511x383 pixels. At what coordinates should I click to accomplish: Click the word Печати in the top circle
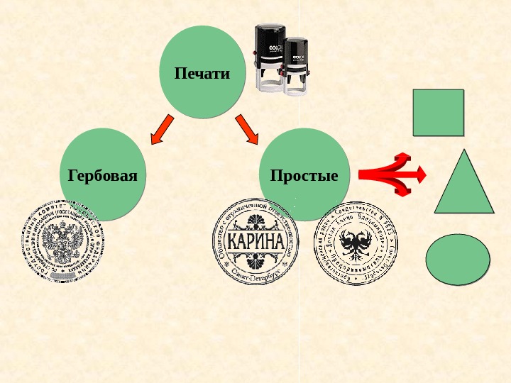pos(202,73)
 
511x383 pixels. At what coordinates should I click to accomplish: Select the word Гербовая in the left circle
pos(102,175)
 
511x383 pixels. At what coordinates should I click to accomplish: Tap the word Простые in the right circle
pos(304,175)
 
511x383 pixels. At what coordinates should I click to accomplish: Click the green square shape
pos(438,112)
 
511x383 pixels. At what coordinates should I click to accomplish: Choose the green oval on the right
pos(458,260)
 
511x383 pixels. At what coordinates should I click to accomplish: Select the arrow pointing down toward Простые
pos(247,128)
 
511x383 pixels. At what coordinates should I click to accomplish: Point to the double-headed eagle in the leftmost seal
pos(62,242)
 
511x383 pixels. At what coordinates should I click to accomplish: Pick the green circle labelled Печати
pos(202,71)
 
